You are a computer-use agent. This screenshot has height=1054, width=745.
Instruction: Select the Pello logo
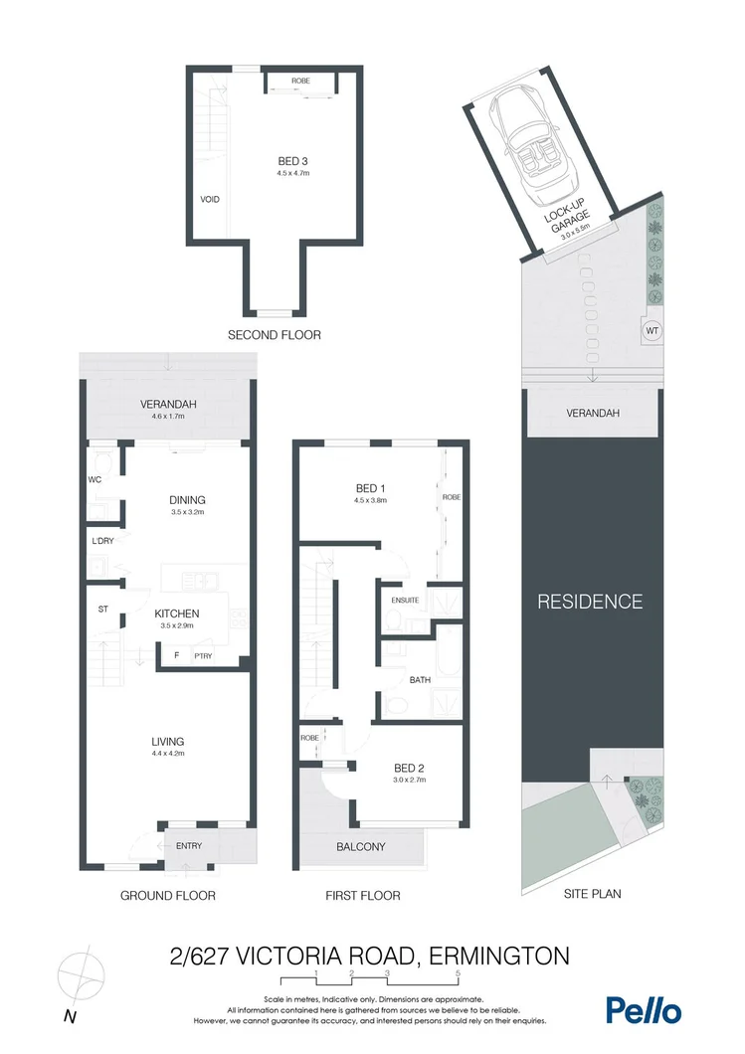[644, 1010]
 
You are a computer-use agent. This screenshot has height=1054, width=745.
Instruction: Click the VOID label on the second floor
[210, 199]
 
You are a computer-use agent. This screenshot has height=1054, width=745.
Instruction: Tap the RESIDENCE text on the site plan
[590, 602]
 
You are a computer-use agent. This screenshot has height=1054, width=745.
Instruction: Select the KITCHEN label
[177, 614]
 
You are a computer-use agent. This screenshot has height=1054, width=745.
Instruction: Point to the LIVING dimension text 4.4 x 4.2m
[167, 754]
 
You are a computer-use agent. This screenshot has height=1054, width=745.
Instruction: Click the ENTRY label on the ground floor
[189, 846]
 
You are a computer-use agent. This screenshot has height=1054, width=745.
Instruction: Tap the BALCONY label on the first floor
[360, 847]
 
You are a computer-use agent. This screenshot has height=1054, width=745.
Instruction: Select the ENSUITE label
[405, 601]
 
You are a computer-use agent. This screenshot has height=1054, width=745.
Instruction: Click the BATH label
[420, 680]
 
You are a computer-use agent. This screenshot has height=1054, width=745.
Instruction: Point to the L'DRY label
[103, 542]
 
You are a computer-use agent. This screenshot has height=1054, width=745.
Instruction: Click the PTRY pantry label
[203, 655]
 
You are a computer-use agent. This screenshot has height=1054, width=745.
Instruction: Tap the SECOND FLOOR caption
[275, 335]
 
